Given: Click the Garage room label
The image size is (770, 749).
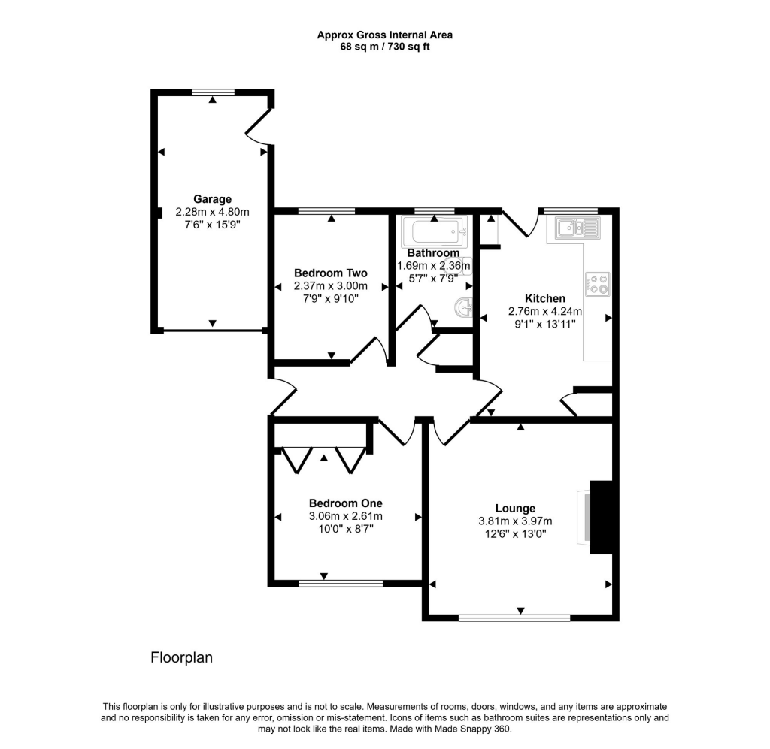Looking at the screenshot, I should pyautogui.click(x=212, y=199).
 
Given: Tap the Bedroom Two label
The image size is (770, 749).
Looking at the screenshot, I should pyautogui.click(x=330, y=273).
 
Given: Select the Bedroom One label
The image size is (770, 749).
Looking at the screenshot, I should pyautogui.click(x=345, y=503).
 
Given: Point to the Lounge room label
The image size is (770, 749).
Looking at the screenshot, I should pyautogui.click(x=515, y=508).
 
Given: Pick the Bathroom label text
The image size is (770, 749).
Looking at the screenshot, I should pyautogui.click(x=433, y=253).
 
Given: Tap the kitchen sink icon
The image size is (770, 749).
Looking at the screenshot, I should pyautogui.click(x=577, y=228).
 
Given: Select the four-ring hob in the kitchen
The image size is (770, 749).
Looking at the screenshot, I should pyautogui.click(x=598, y=284).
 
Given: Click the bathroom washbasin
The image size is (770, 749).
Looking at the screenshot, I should pyautogui.click(x=463, y=307).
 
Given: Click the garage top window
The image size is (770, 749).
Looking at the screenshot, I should pyautogui.click(x=213, y=92).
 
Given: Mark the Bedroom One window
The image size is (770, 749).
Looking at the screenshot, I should pyautogui.click(x=340, y=583).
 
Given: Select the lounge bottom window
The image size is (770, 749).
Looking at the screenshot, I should pyautogui.click(x=514, y=618).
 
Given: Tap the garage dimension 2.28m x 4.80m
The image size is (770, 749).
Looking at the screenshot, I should pyautogui.click(x=212, y=212).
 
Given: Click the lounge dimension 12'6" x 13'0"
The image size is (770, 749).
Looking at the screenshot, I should pyautogui.click(x=515, y=534).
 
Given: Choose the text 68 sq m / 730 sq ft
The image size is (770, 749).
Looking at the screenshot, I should pyautogui.click(x=384, y=47).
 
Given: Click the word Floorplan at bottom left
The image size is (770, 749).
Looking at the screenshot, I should pyautogui.click(x=182, y=658).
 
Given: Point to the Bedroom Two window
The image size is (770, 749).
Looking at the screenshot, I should pyautogui.click(x=327, y=212).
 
